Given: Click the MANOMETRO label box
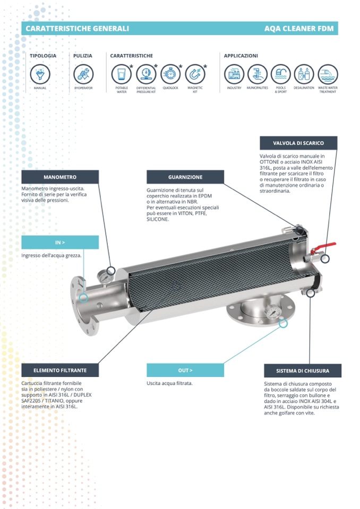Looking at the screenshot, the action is coord(60,177).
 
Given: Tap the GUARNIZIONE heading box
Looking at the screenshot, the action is coord(185,177).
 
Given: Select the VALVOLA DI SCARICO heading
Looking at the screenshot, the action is coord(298,143).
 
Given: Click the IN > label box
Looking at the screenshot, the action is coord(60,243).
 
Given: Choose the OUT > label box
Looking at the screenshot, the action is coord(185,370).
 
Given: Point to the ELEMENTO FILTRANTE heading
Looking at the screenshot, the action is coord(60,370).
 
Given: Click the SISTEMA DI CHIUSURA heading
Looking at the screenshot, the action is coord(303,370).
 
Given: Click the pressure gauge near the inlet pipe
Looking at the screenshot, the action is coord(105,278).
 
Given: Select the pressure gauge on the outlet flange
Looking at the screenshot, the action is coord(273,312).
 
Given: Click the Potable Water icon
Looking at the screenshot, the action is coord(122,74).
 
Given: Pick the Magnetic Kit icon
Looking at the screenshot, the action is coord(195,74).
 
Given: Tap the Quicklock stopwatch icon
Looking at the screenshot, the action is coord(170,74).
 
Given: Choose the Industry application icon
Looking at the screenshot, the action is coord(234,74).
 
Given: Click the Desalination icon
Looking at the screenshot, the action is coord(304,74).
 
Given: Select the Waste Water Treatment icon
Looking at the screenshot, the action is coord(328,74).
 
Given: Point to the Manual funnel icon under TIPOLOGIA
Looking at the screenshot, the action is coord(40,74).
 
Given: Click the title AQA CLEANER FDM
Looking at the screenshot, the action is coord(299,29).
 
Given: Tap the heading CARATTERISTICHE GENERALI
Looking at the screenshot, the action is coord(78,29).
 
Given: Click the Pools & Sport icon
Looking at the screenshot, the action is coord(280,74).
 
